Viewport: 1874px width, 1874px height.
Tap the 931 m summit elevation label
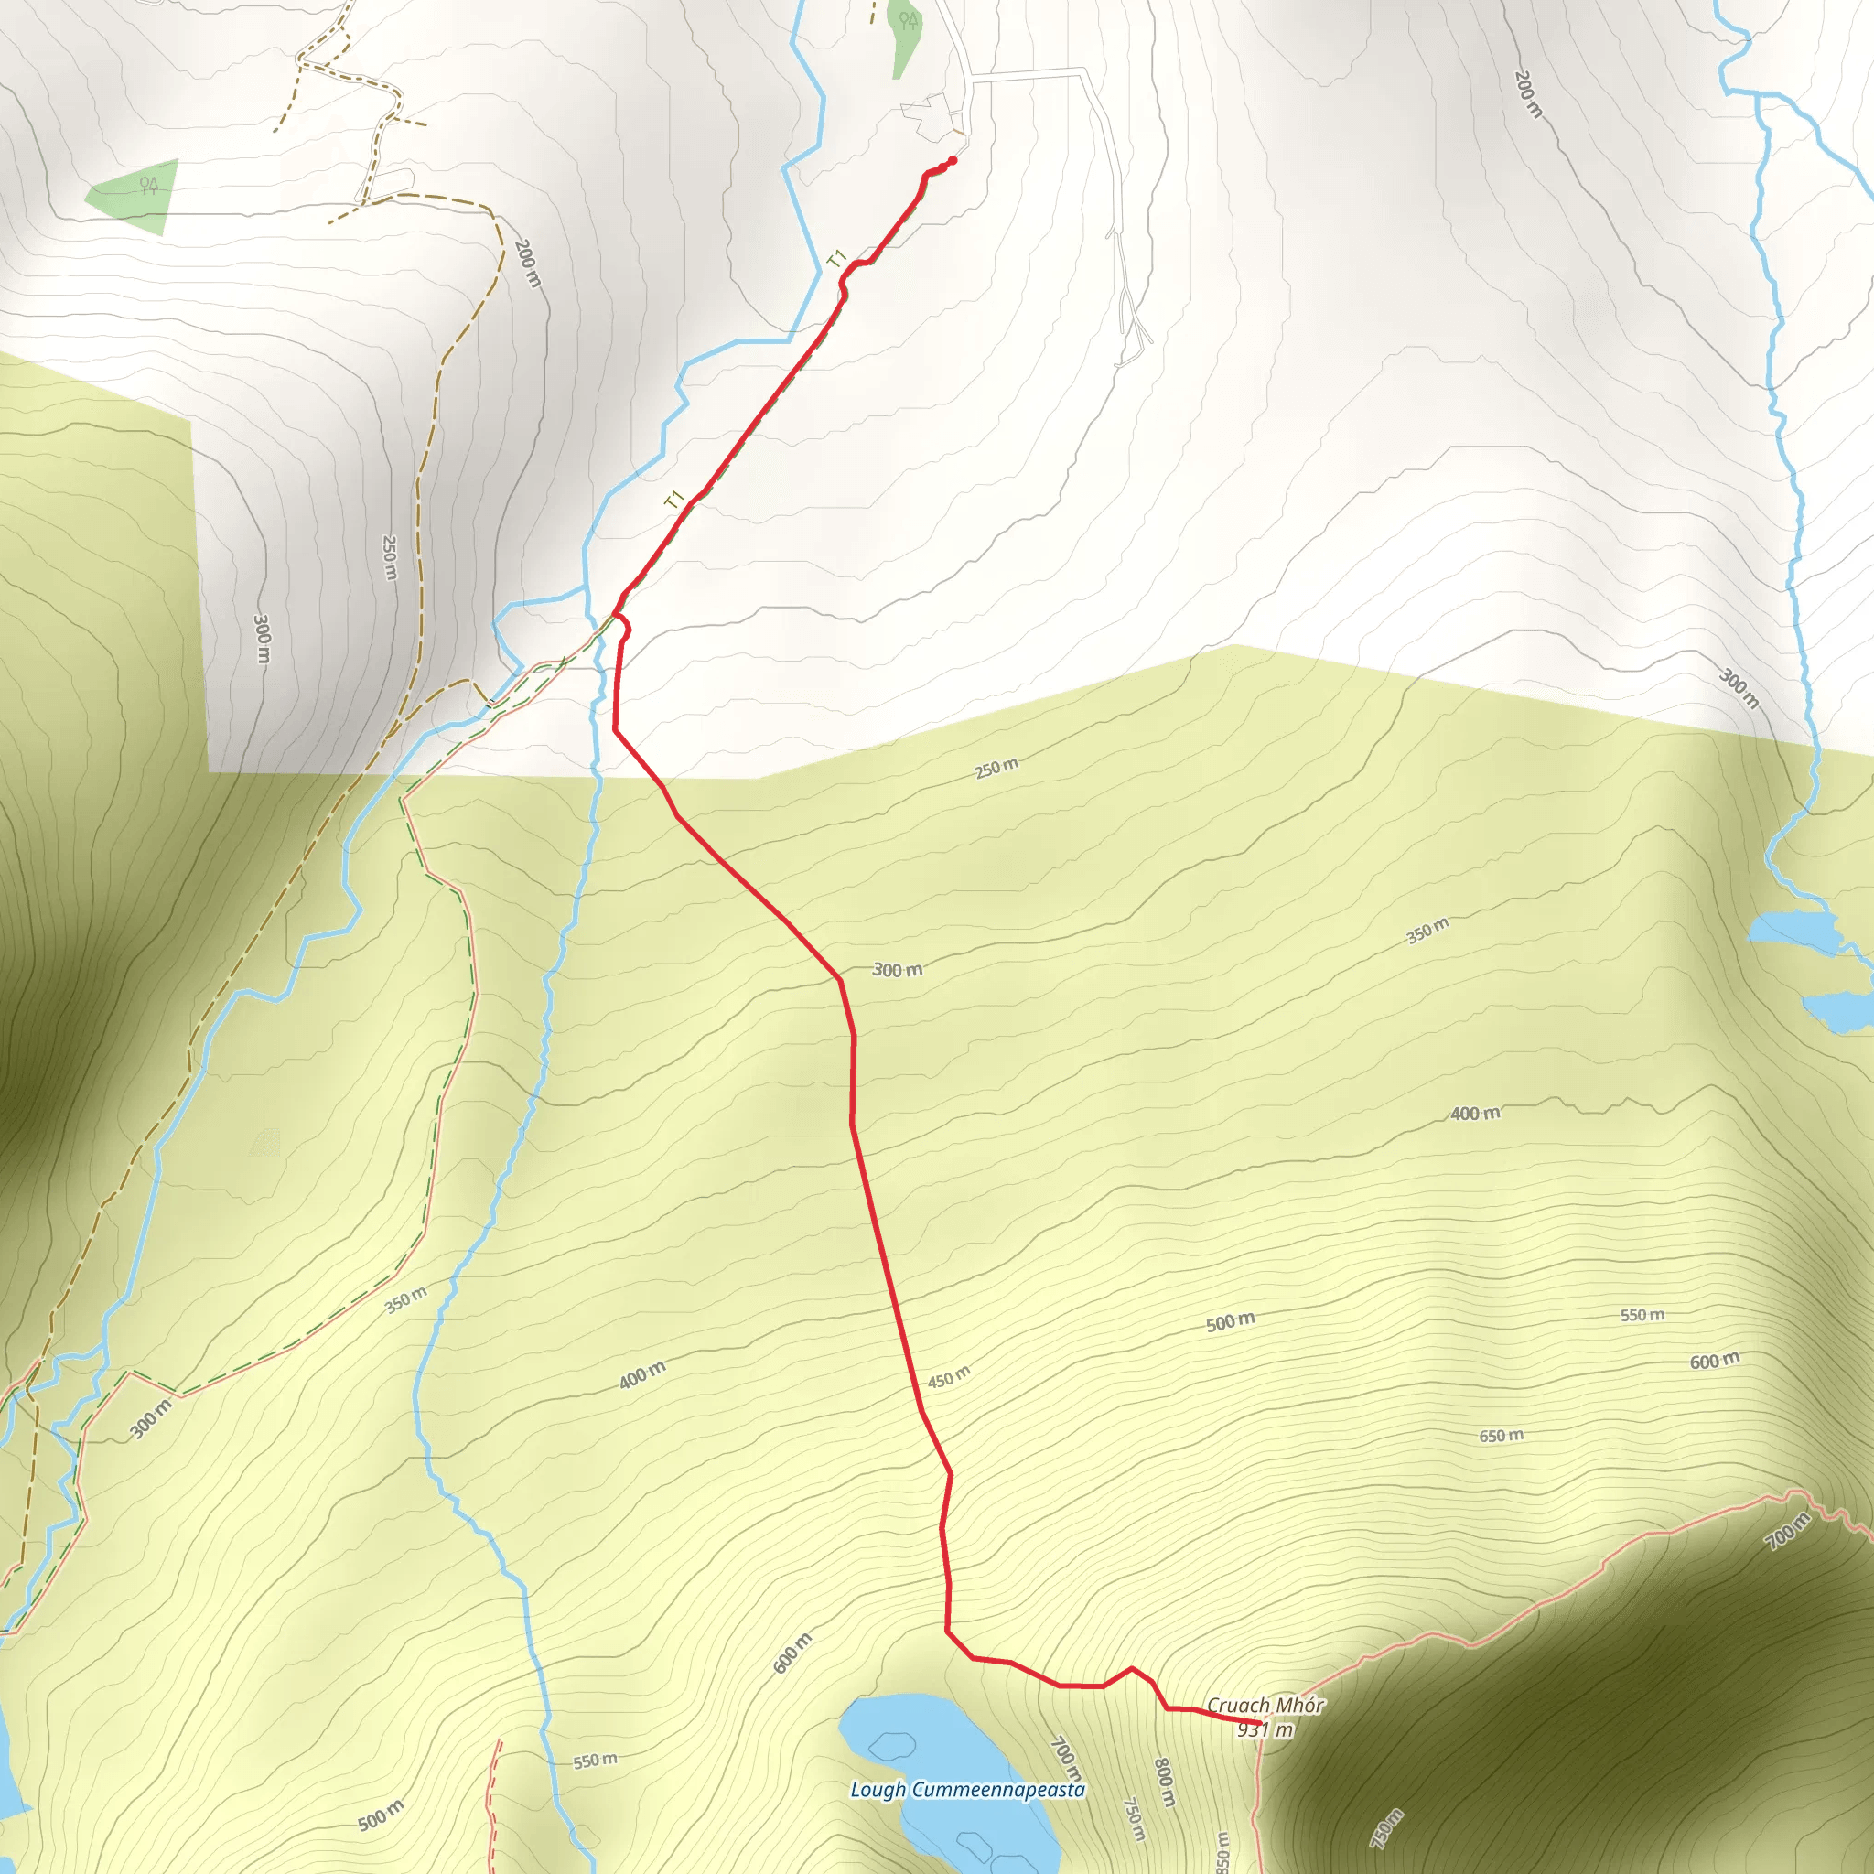1265,1729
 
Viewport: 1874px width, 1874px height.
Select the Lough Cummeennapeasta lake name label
967,1790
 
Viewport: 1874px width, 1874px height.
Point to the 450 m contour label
948,1377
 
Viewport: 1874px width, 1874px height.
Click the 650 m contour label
1501,1436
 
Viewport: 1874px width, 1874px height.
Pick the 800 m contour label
1164,1782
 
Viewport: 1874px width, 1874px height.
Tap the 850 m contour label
1222,1851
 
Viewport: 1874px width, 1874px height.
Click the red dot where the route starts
953,160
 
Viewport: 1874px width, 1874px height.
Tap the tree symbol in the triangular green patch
148,185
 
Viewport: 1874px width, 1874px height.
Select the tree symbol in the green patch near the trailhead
908,19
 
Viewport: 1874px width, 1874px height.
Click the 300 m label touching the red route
898,969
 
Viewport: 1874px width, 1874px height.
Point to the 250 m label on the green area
996,769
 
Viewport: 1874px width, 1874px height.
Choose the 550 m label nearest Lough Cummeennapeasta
595,1761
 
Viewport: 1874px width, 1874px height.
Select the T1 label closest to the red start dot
837,259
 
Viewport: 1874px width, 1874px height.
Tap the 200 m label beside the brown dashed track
527,262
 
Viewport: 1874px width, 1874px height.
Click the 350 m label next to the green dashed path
405,1299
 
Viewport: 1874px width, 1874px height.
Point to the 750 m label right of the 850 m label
1386,1828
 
